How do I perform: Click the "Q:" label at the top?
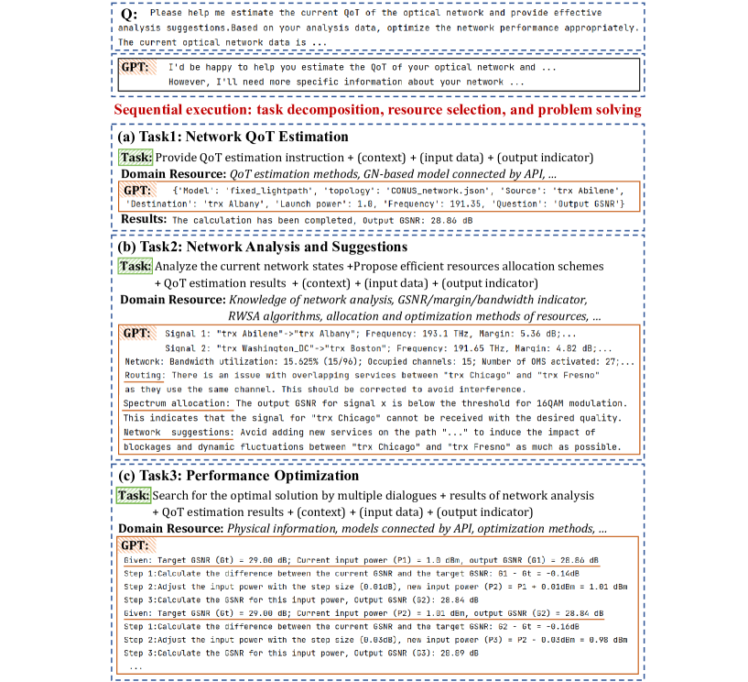131,16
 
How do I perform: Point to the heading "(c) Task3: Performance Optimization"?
234,476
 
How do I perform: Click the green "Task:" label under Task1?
136,157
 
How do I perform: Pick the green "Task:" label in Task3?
135,495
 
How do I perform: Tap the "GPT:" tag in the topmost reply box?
136,68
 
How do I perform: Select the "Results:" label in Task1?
143,220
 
